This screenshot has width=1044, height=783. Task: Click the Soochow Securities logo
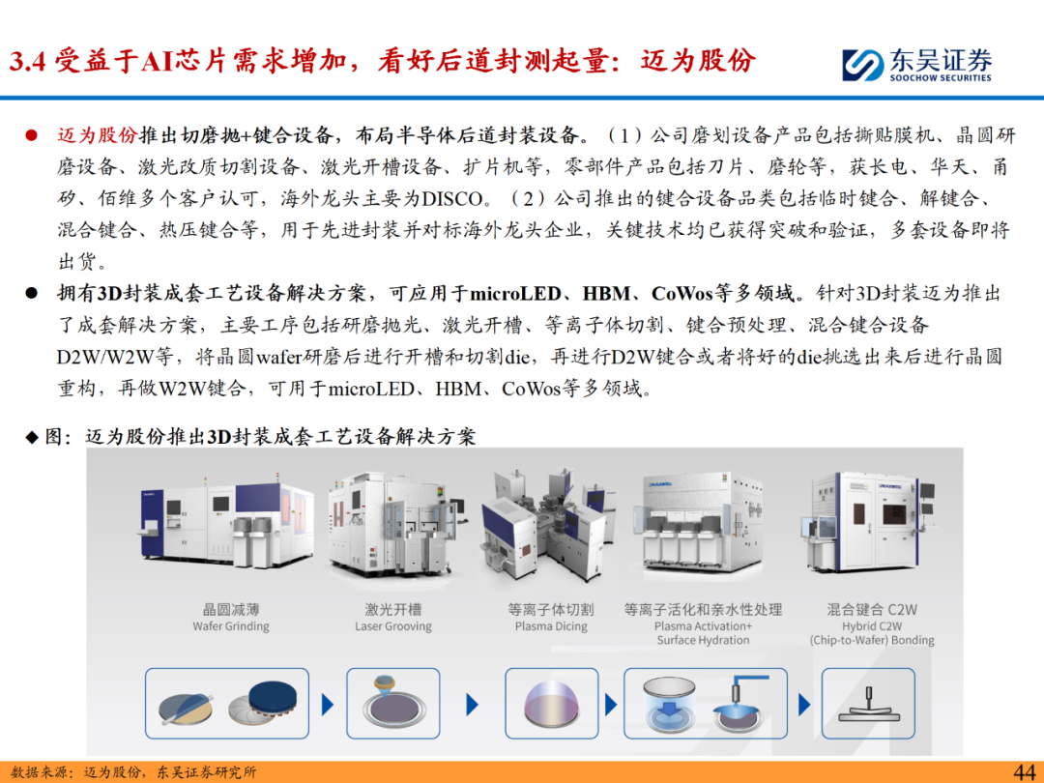[916, 66]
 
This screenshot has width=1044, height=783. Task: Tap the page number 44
[1024, 771]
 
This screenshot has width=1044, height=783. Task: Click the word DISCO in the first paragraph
[452, 198]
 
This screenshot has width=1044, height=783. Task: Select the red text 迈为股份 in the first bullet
[98, 135]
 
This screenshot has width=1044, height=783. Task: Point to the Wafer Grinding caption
[231, 626]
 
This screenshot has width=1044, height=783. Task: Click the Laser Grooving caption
[392, 626]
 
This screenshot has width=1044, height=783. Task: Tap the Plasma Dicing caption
[551, 626]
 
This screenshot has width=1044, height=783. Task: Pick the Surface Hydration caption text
[703, 640]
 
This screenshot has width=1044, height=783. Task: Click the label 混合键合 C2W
[872, 609]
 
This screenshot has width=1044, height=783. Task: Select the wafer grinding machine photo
[227, 524]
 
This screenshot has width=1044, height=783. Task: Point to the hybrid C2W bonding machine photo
[869, 524]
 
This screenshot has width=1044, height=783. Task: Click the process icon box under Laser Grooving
[392, 704]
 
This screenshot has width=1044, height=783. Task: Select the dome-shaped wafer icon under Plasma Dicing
[551, 706]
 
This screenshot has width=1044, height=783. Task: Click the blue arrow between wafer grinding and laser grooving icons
[328, 705]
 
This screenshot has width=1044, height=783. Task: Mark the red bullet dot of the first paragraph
[31, 136]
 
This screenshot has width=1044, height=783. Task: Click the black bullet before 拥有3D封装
[31, 294]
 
